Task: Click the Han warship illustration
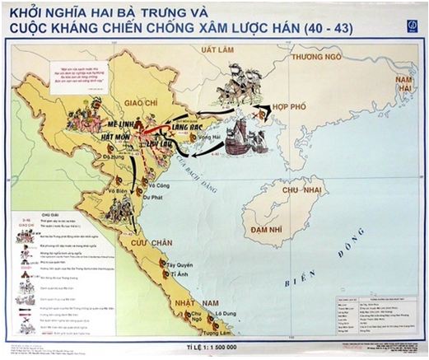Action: coord(245,137)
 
